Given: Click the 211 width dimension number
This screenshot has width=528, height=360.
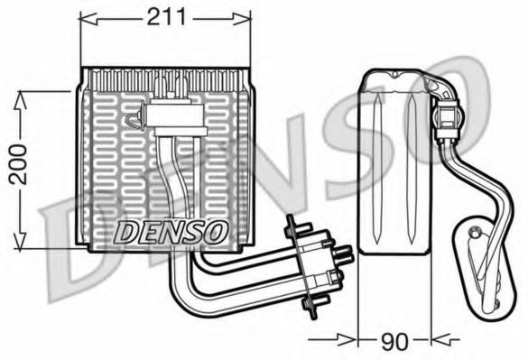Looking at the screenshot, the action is pyautogui.click(x=166, y=17).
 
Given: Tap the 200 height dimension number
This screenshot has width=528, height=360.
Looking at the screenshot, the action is pyautogui.click(x=18, y=165).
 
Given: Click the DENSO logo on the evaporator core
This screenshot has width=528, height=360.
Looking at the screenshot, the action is pyautogui.click(x=170, y=233).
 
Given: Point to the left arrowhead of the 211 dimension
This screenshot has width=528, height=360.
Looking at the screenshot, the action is pyautogui.click(x=88, y=19).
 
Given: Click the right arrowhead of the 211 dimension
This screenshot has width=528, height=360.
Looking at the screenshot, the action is pyautogui.click(x=242, y=19).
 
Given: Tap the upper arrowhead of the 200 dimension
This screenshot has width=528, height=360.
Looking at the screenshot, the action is pyautogui.click(x=20, y=100).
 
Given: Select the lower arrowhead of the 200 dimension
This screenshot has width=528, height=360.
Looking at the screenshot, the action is pyautogui.click(x=20, y=241).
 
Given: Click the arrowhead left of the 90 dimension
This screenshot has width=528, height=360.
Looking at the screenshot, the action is pyautogui.click(x=347, y=339).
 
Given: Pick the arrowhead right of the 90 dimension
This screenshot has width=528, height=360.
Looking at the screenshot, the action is pyautogui.click(x=440, y=339).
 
